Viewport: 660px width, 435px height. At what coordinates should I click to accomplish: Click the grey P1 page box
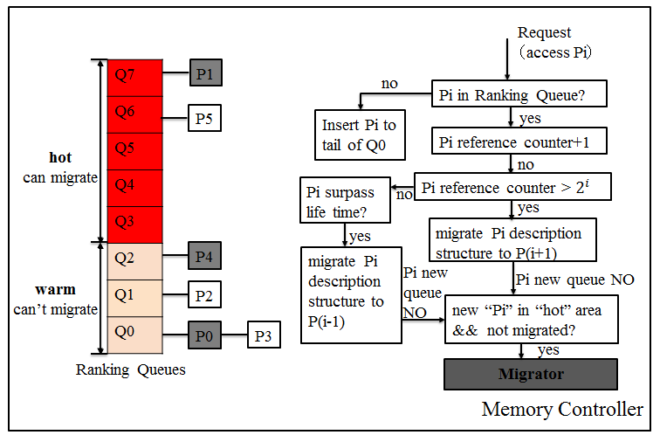[x=204, y=73]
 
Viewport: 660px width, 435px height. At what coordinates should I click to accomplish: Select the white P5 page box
[x=204, y=118]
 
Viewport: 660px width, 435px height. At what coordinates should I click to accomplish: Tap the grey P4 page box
[x=204, y=258]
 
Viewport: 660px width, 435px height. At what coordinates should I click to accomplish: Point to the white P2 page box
[x=204, y=296]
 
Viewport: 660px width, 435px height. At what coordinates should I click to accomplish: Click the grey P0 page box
[x=204, y=335]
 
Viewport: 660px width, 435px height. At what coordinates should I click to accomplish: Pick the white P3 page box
[x=264, y=335]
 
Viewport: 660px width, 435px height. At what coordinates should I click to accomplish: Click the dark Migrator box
[x=531, y=374]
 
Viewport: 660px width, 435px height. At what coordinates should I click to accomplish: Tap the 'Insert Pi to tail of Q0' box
[x=359, y=135]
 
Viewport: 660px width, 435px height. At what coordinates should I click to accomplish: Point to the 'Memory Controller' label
[x=562, y=409]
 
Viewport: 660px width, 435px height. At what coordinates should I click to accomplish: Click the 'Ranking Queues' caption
[x=131, y=369]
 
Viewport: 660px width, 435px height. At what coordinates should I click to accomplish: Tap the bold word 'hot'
[x=60, y=158]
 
